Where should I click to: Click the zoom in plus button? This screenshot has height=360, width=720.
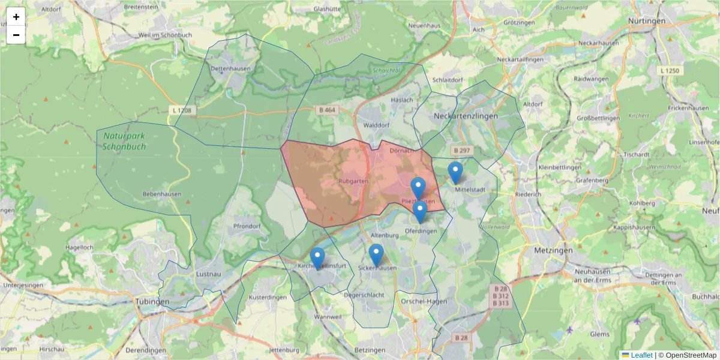point(16,17)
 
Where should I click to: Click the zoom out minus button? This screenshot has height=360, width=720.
point(16,35)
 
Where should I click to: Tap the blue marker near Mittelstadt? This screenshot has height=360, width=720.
point(455,172)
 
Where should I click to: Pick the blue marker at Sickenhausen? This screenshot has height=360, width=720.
point(376,254)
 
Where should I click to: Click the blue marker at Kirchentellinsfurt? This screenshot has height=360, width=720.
point(317,258)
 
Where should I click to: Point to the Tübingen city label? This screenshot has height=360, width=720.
point(152,301)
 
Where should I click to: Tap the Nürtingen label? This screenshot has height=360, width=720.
point(646,20)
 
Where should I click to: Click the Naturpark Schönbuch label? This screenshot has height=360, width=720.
point(124,142)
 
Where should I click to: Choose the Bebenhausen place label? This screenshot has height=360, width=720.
point(161,194)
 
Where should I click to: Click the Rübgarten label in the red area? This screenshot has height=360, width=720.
point(353,180)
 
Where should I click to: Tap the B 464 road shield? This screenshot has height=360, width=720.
point(327,110)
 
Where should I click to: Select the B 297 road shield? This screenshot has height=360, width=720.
point(461,150)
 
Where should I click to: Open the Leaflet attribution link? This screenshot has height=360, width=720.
point(641,355)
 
